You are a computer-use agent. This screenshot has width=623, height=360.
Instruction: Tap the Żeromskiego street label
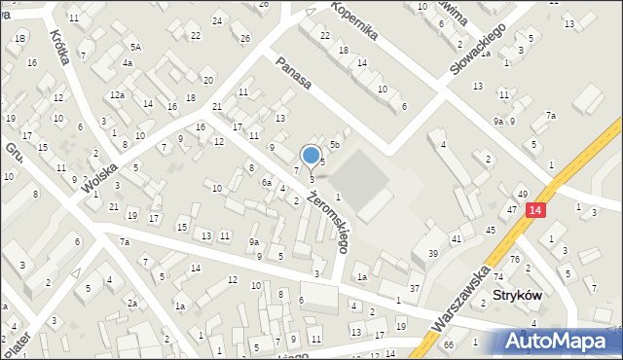coord(326,221)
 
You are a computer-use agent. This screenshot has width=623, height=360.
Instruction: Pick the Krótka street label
coord(60,45)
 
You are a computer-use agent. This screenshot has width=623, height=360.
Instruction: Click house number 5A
coord(137,47)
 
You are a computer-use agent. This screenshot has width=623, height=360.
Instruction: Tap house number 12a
coord(117,94)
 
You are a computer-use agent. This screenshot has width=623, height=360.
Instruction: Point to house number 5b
coord(334,144)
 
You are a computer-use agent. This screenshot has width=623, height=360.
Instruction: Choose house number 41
coord(456,238)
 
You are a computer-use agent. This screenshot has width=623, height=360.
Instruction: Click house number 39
coord(432,253)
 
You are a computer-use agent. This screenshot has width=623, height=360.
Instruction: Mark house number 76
coord(515,258)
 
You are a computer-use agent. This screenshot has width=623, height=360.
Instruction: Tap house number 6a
coord(266,182)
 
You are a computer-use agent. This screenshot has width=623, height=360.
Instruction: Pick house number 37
coord(415,288)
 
